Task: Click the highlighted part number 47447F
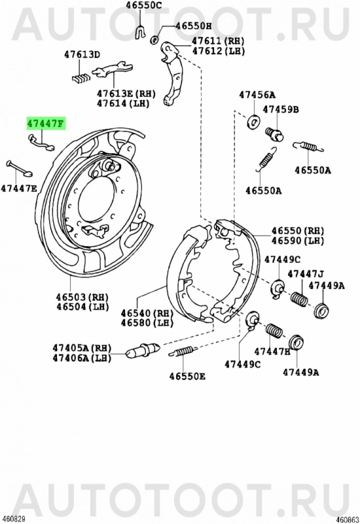(45, 122)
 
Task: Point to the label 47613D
(82, 55)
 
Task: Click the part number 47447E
(19, 189)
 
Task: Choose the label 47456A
(257, 95)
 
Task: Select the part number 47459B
(281, 109)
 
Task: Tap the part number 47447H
(272, 351)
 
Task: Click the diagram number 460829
(14, 518)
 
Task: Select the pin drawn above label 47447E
(20, 168)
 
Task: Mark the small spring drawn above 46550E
(187, 351)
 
